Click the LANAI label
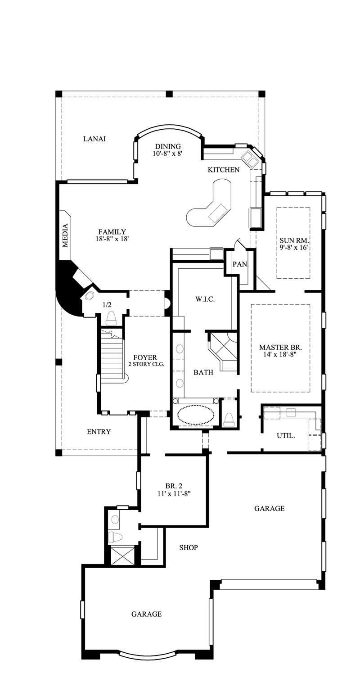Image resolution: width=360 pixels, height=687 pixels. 94,139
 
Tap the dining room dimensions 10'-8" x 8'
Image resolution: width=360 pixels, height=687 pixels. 167,154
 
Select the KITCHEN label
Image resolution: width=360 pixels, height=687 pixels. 223,170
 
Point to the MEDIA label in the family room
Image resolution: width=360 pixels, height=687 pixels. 65,235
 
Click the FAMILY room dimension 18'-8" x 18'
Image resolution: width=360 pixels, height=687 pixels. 112,240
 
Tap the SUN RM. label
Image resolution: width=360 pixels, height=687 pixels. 293,240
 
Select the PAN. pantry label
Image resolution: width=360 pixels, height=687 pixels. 240,264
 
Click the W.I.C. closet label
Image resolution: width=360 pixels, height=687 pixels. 203,299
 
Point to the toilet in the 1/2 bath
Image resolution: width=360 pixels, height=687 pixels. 111,318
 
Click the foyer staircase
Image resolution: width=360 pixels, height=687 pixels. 112,356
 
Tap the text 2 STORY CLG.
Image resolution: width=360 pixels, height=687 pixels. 145,364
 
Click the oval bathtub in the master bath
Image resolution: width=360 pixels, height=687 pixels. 195,415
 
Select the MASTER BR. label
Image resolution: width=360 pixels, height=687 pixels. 280,348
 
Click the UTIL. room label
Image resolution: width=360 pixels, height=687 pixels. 286,435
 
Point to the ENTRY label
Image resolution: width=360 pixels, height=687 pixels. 99,432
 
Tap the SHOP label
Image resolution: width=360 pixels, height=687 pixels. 189,547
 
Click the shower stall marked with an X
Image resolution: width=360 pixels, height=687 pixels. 122,555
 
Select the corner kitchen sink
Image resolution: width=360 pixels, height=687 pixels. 249,158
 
